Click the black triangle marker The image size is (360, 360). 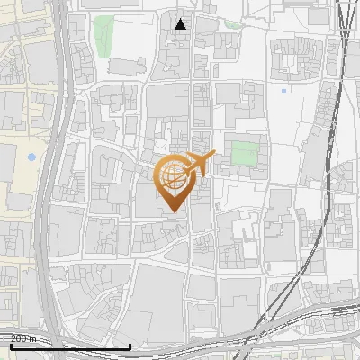click(x=181, y=24)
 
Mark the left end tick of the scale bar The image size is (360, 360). click(x=11, y=344)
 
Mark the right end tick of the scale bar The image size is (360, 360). click(x=130, y=344)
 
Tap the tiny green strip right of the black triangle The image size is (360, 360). click(x=233, y=24)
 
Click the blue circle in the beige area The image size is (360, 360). click(x=32, y=157)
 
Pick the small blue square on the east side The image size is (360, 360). click(x=284, y=90)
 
